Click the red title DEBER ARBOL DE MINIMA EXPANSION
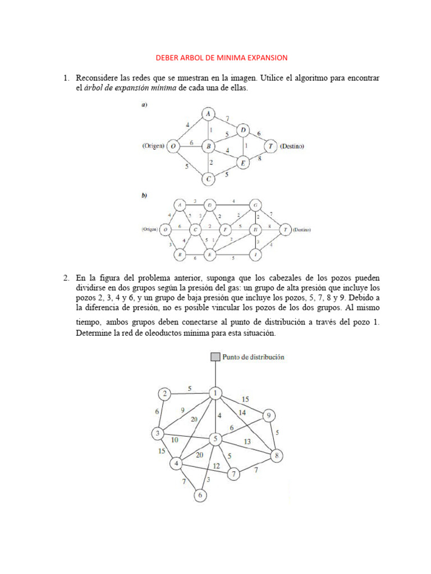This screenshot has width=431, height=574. pos(221,58)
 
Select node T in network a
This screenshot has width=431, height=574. pos(270,146)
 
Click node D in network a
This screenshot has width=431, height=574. pos(242,131)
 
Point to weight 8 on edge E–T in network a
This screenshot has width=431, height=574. pos(259,159)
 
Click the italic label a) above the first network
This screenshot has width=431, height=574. pos(144,105)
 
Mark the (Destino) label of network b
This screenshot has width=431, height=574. pos(301,230)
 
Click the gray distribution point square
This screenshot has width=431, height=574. pos(215,357)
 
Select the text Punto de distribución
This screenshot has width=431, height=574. pos(254,357)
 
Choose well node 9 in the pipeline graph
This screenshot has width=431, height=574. pos(269,415)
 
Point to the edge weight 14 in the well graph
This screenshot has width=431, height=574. pos(242,413)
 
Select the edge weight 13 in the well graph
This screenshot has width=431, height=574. pos(247,442)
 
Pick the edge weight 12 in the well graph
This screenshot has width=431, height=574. pos(216,466)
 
